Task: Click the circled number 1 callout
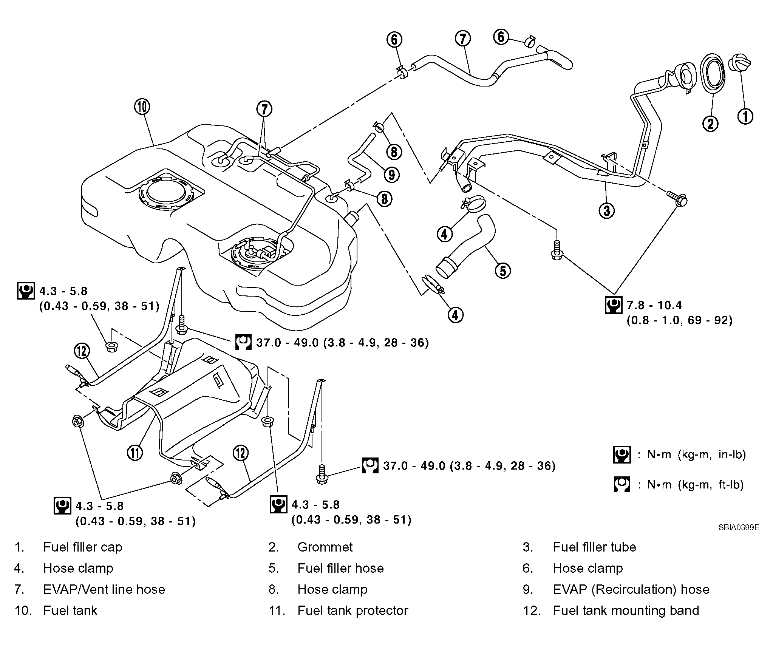pyautogui.click(x=745, y=116)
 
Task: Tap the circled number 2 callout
pyautogui.click(x=710, y=123)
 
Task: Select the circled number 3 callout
pyautogui.click(x=607, y=210)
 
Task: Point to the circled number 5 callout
pyautogui.click(x=503, y=270)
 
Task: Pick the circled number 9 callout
pyautogui.click(x=391, y=175)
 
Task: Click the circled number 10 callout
pyautogui.click(x=142, y=107)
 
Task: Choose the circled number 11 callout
pyautogui.click(x=135, y=452)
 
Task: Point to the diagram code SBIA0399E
pyautogui.click(x=739, y=527)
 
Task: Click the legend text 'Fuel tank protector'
pyautogui.click(x=353, y=611)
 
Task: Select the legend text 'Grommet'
pyautogui.click(x=325, y=547)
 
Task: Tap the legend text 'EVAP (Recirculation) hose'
pyautogui.click(x=631, y=590)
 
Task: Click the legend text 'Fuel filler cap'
pyautogui.click(x=83, y=547)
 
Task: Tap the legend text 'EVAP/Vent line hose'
pyautogui.click(x=104, y=590)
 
